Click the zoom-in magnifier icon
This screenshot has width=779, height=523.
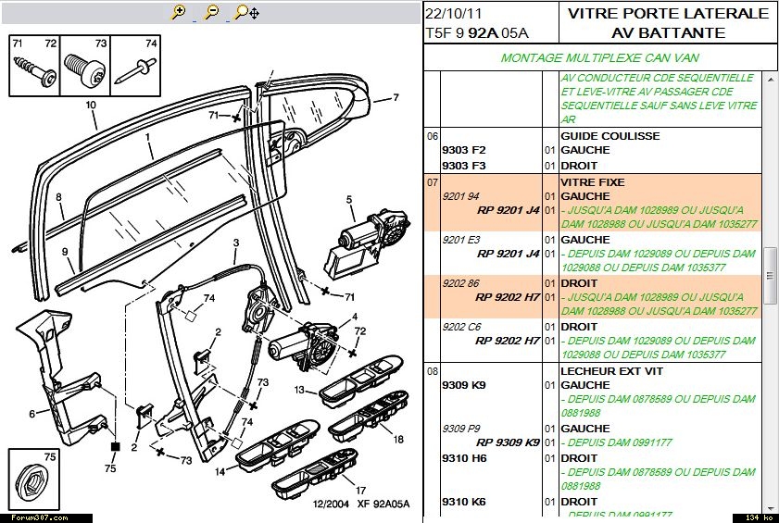[179, 12]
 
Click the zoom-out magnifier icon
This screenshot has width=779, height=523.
[211, 12]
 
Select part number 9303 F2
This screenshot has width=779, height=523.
[463, 150]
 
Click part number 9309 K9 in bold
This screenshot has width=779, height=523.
[463, 385]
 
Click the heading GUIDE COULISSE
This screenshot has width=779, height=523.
[609, 136]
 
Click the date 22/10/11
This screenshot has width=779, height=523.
[454, 14]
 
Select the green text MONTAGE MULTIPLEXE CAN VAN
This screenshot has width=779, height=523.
[599, 57]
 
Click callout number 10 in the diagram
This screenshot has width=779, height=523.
[91, 105]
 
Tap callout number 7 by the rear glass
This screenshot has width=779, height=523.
[396, 97]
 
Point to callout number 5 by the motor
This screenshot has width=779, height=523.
[350, 199]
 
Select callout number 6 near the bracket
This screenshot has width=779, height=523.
[32, 414]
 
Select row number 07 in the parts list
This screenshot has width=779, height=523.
[432, 182]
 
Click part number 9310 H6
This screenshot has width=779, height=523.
[463, 458]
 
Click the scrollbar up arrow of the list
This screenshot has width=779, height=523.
[770, 81]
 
